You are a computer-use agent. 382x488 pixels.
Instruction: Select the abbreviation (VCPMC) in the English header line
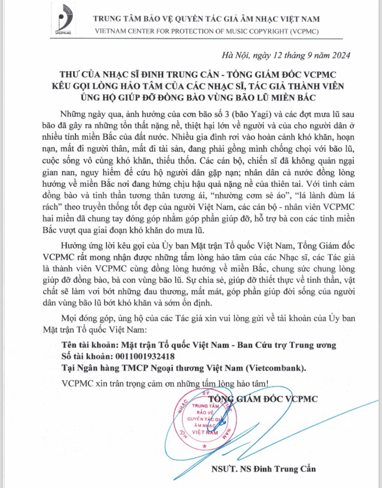point(300,31)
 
